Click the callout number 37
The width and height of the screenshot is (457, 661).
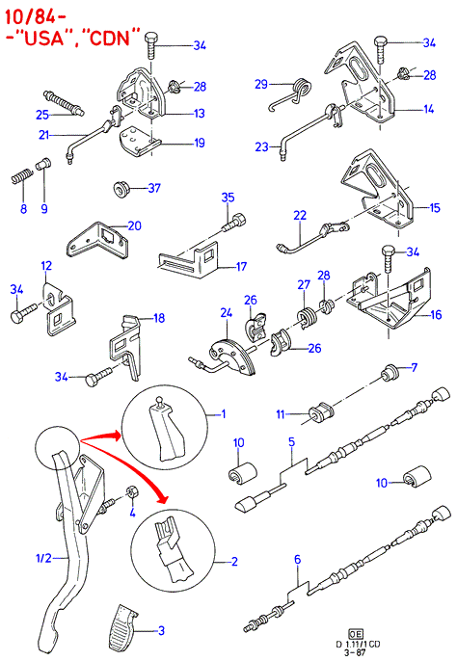coord(154,188)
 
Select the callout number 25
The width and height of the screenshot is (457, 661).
coord(42,115)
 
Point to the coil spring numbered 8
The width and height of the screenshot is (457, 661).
coord(20,177)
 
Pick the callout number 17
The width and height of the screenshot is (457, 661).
coord(241,266)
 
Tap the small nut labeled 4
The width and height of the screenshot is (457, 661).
coord(131,492)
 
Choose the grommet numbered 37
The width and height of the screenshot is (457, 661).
coord(121,189)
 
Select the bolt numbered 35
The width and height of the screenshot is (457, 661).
coord(234,223)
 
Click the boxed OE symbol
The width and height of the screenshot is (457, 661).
coord(355,634)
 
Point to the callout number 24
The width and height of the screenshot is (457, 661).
coord(227,313)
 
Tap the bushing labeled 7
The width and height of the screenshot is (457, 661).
coord(390,374)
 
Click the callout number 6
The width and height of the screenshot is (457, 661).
coord(298,560)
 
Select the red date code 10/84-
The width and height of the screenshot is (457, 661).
coord(36,17)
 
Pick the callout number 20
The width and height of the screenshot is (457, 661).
coord(134,225)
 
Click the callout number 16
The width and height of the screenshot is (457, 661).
coord(435,314)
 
